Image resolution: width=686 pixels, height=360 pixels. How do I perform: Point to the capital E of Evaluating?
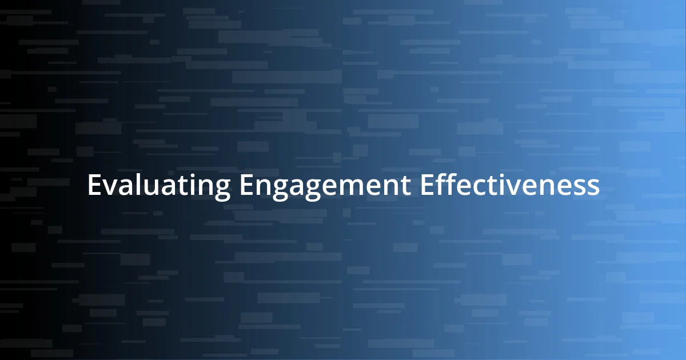(x=94, y=186)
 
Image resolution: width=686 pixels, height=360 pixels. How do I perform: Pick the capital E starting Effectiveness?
(x=426, y=186)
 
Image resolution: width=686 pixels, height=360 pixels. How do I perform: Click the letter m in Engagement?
(x=354, y=187)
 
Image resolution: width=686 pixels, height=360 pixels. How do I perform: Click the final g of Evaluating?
(x=222, y=190)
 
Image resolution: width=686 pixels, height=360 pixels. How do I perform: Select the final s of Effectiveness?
(x=595, y=187)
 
